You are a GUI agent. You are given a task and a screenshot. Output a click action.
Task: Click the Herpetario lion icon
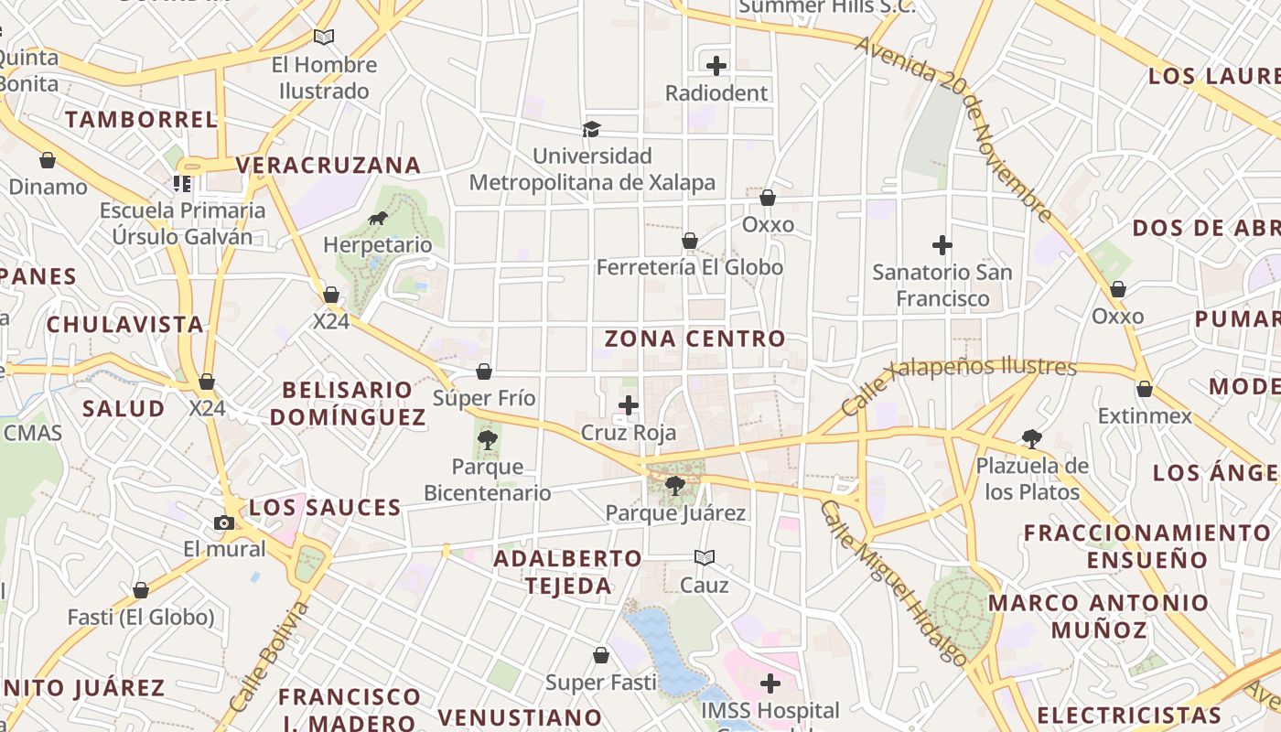tap(377, 219)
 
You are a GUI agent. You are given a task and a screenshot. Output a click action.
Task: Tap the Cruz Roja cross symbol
tap(629, 405)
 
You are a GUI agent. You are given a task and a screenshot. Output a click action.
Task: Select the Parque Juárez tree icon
tap(675, 486)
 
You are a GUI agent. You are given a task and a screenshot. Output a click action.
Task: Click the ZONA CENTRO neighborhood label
tap(694, 339)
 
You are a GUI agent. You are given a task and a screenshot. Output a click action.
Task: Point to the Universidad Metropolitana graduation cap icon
tap(592, 129)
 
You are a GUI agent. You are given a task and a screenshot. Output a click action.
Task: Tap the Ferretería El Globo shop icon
tap(690, 241)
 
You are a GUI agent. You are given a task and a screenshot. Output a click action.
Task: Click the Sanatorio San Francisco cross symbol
tap(942, 245)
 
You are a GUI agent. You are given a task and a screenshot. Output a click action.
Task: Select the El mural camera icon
tap(224, 522)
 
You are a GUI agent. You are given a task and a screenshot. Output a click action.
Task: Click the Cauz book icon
tap(704, 557)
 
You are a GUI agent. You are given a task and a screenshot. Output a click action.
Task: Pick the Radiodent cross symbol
tap(716, 66)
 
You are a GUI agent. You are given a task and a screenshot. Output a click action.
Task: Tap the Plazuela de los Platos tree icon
tap(1031, 438)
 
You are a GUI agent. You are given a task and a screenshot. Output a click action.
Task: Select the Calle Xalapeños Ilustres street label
tap(958, 383)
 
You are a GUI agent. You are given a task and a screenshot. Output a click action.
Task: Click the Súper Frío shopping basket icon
tap(484, 371)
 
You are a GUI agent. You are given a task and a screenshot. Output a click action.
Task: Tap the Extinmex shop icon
tap(1144, 389)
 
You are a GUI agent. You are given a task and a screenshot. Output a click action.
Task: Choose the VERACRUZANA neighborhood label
tap(328, 166)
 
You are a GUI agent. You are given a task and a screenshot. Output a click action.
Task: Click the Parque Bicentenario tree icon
tap(487, 440)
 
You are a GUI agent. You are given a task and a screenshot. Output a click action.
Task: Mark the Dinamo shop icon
tap(48, 160)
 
